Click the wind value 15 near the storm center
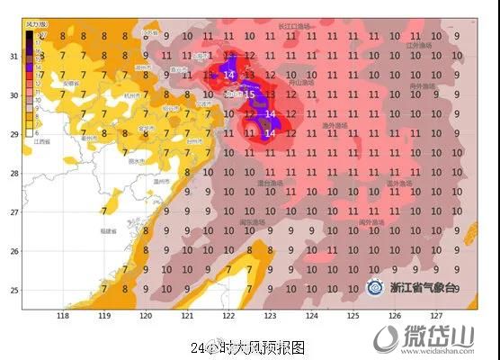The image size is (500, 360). point(250,94)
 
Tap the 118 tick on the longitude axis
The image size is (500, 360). point(63,316)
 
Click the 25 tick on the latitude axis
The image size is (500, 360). point(13,290)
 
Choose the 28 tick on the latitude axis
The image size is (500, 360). point(13,173)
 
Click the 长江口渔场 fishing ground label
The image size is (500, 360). point(296,27)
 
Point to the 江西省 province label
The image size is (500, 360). point(40,141)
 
